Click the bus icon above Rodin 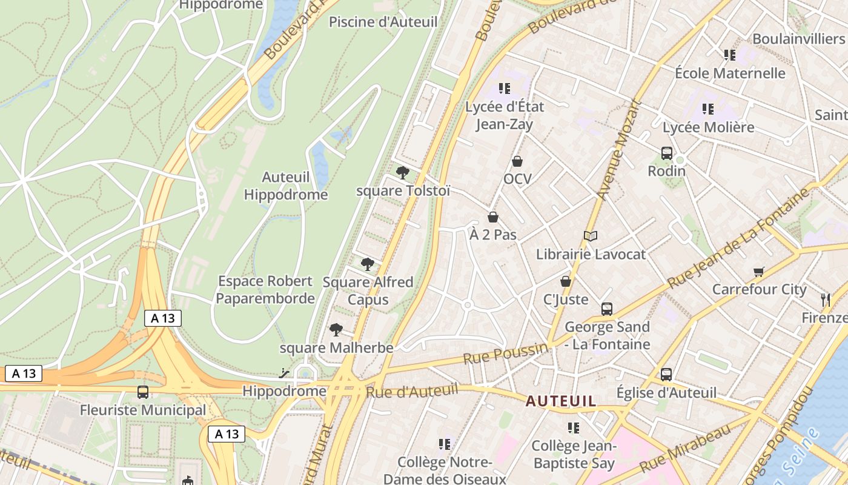point(667,153)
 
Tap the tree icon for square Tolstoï point(402,173)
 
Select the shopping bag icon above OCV point(517,161)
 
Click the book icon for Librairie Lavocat point(591,236)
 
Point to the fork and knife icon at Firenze point(825,299)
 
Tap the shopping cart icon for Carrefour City point(759,272)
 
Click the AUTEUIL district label point(561,401)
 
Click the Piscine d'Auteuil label point(383,22)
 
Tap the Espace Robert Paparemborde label point(265,290)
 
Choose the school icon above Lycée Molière point(708,109)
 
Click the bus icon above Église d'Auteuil point(666,375)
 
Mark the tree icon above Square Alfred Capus point(367,264)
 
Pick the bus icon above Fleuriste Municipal point(143,392)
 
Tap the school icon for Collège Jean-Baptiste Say point(574,428)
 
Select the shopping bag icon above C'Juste point(566,281)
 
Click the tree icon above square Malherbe point(336,330)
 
